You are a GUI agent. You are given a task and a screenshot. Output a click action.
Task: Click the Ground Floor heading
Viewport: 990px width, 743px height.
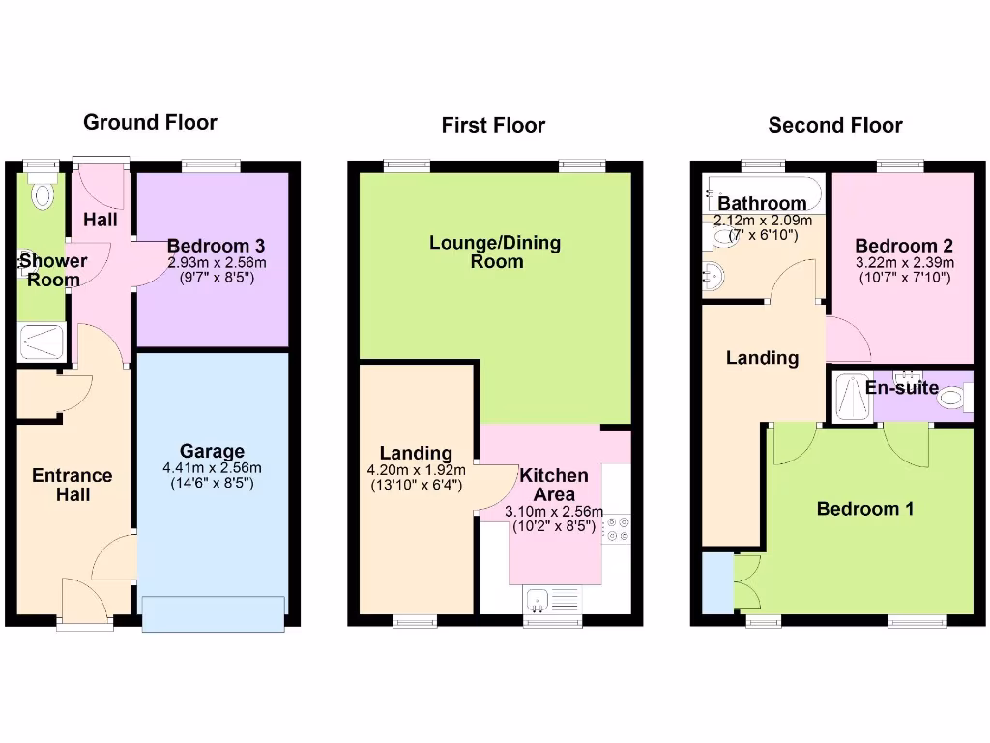point(150,122)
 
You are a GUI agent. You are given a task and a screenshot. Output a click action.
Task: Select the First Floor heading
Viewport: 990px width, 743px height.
point(493,125)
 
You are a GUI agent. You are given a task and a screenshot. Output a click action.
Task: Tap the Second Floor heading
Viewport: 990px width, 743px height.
point(835,125)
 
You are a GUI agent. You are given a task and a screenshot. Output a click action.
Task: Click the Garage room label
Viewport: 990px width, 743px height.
point(212,451)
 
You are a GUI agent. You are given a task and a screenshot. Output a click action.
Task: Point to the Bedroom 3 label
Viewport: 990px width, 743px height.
point(216,246)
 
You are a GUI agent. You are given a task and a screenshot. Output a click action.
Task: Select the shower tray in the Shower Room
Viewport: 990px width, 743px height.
point(42,342)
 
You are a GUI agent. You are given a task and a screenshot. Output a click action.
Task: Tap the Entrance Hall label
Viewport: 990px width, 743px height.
point(73,485)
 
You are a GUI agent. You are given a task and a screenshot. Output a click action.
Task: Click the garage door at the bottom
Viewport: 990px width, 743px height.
point(214,613)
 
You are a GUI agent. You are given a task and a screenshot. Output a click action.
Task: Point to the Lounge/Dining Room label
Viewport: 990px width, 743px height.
point(495,252)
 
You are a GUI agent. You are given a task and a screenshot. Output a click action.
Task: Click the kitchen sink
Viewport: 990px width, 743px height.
point(552,600)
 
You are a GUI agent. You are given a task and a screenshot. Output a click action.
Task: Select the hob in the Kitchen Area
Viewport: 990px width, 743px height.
point(616,529)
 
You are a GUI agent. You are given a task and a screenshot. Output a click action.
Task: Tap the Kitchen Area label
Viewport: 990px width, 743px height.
point(554,485)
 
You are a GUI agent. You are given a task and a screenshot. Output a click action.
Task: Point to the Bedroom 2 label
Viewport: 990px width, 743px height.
point(896,246)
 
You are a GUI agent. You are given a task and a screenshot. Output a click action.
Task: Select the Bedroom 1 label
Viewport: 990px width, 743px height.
point(865,509)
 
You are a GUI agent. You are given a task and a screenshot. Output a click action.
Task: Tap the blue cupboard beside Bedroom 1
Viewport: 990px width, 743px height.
point(717,583)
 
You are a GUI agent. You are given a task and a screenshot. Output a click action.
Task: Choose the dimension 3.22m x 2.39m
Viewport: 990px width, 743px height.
point(904,262)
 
